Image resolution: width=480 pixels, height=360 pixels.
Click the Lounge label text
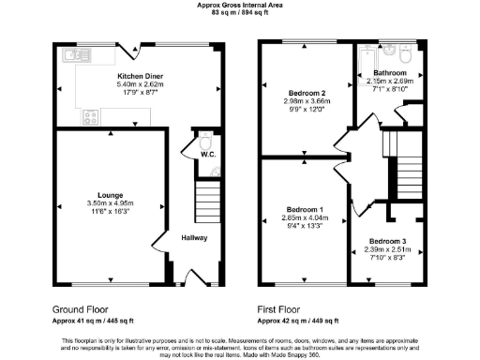coord(111,195)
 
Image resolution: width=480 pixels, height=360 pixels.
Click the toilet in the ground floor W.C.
coord(206,140)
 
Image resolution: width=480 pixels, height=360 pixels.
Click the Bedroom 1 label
coord(305,208)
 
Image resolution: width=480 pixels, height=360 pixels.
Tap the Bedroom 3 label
coord(387,241)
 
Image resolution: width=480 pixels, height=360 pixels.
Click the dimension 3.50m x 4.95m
coord(111,203)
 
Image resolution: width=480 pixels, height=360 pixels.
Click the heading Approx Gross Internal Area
coord(239,5)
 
